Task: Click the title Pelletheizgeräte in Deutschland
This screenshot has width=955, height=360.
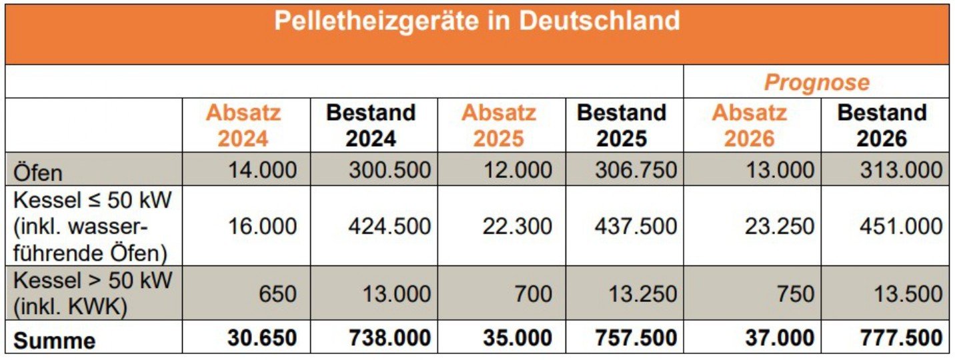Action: (477, 21)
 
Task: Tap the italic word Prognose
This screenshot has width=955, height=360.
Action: (816, 83)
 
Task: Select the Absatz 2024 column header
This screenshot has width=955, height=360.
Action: (243, 125)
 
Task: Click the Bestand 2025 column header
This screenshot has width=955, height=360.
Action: (622, 125)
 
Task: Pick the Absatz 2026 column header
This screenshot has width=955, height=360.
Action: (750, 125)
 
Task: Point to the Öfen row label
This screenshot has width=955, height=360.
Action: (38, 172)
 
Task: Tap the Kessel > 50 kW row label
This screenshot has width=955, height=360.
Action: (92, 293)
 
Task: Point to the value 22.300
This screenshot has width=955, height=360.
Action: (518, 227)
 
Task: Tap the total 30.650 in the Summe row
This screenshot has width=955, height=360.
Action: (262, 338)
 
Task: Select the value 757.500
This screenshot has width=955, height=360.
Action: (636, 338)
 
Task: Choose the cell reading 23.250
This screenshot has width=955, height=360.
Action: (780, 227)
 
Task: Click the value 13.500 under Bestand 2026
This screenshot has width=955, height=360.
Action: (908, 293)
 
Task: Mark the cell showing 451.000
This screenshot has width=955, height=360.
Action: (901, 227)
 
